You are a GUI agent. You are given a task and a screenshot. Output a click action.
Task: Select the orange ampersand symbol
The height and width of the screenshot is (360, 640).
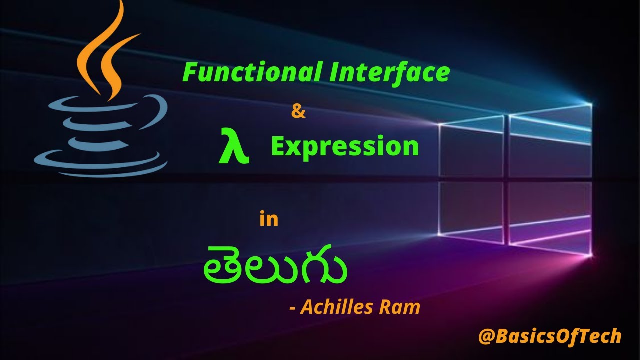[298, 111]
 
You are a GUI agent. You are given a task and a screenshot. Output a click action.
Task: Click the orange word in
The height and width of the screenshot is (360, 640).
[269, 219]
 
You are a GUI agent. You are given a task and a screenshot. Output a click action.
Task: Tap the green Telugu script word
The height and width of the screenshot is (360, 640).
[275, 265]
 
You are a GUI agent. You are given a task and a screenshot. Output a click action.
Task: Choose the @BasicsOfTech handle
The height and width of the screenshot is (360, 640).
[549, 336]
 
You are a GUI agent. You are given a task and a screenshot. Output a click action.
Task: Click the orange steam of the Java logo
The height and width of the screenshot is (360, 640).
[103, 50]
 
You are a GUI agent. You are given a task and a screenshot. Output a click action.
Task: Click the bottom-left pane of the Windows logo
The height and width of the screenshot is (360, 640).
[471, 210]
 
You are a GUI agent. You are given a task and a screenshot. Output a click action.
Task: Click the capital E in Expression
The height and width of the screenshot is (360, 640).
[278, 146]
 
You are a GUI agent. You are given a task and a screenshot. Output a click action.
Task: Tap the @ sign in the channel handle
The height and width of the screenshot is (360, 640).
[486, 336]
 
